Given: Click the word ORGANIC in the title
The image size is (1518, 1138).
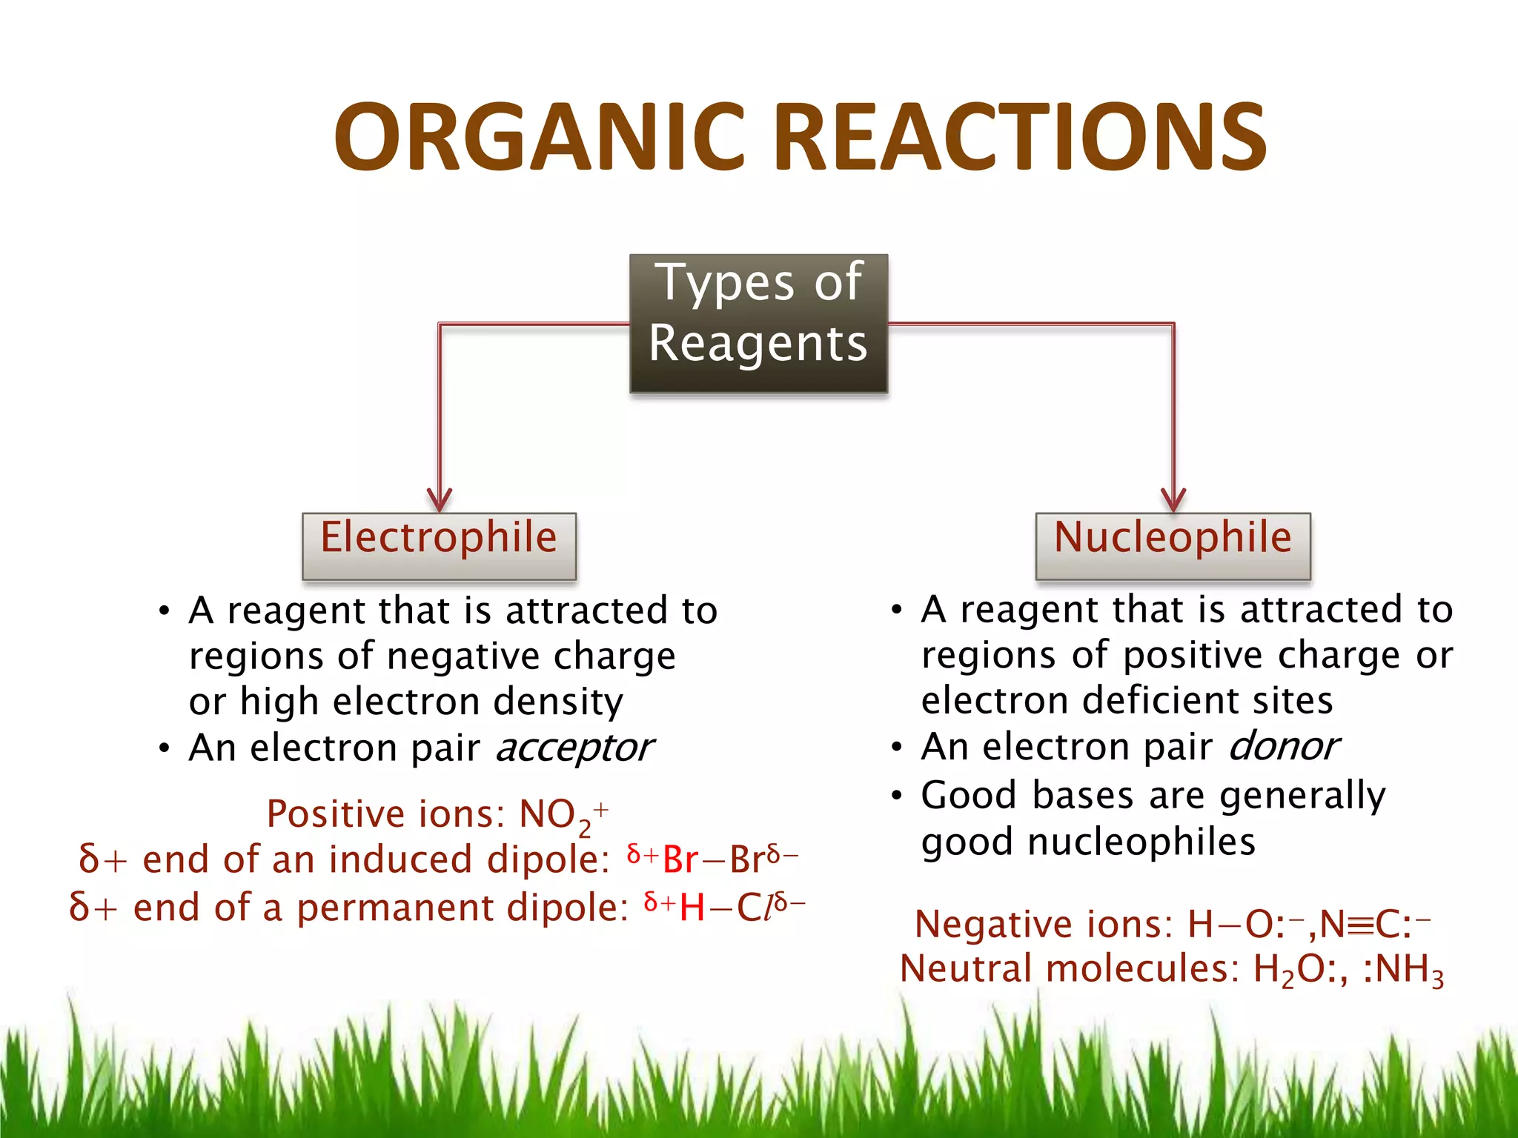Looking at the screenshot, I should [540, 138].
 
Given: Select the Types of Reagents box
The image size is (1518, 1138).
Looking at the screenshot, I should [758, 323].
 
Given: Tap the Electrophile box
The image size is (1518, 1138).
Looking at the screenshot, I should [439, 545].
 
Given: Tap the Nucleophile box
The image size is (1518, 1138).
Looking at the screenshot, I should [1173, 545].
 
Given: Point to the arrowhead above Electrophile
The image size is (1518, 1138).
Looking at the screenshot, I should [440, 500].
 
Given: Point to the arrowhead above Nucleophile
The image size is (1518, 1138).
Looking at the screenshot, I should [1173, 500].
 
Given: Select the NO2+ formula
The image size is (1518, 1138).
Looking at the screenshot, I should [563, 816].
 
